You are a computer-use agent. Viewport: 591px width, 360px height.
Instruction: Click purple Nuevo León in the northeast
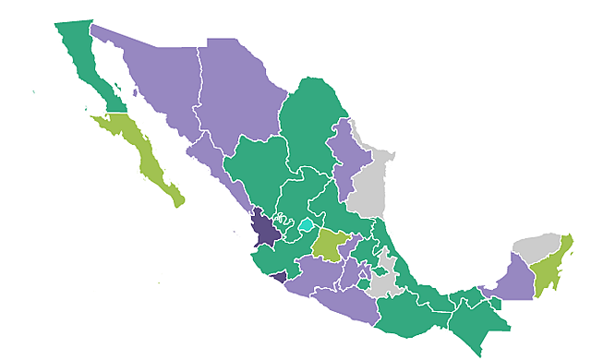click(x=347, y=157)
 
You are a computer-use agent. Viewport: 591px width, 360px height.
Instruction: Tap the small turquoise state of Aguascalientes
click(x=306, y=224)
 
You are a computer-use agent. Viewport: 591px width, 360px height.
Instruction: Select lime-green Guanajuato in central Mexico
click(x=329, y=246)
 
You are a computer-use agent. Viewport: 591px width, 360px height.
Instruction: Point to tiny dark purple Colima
click(x=278, y=275)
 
